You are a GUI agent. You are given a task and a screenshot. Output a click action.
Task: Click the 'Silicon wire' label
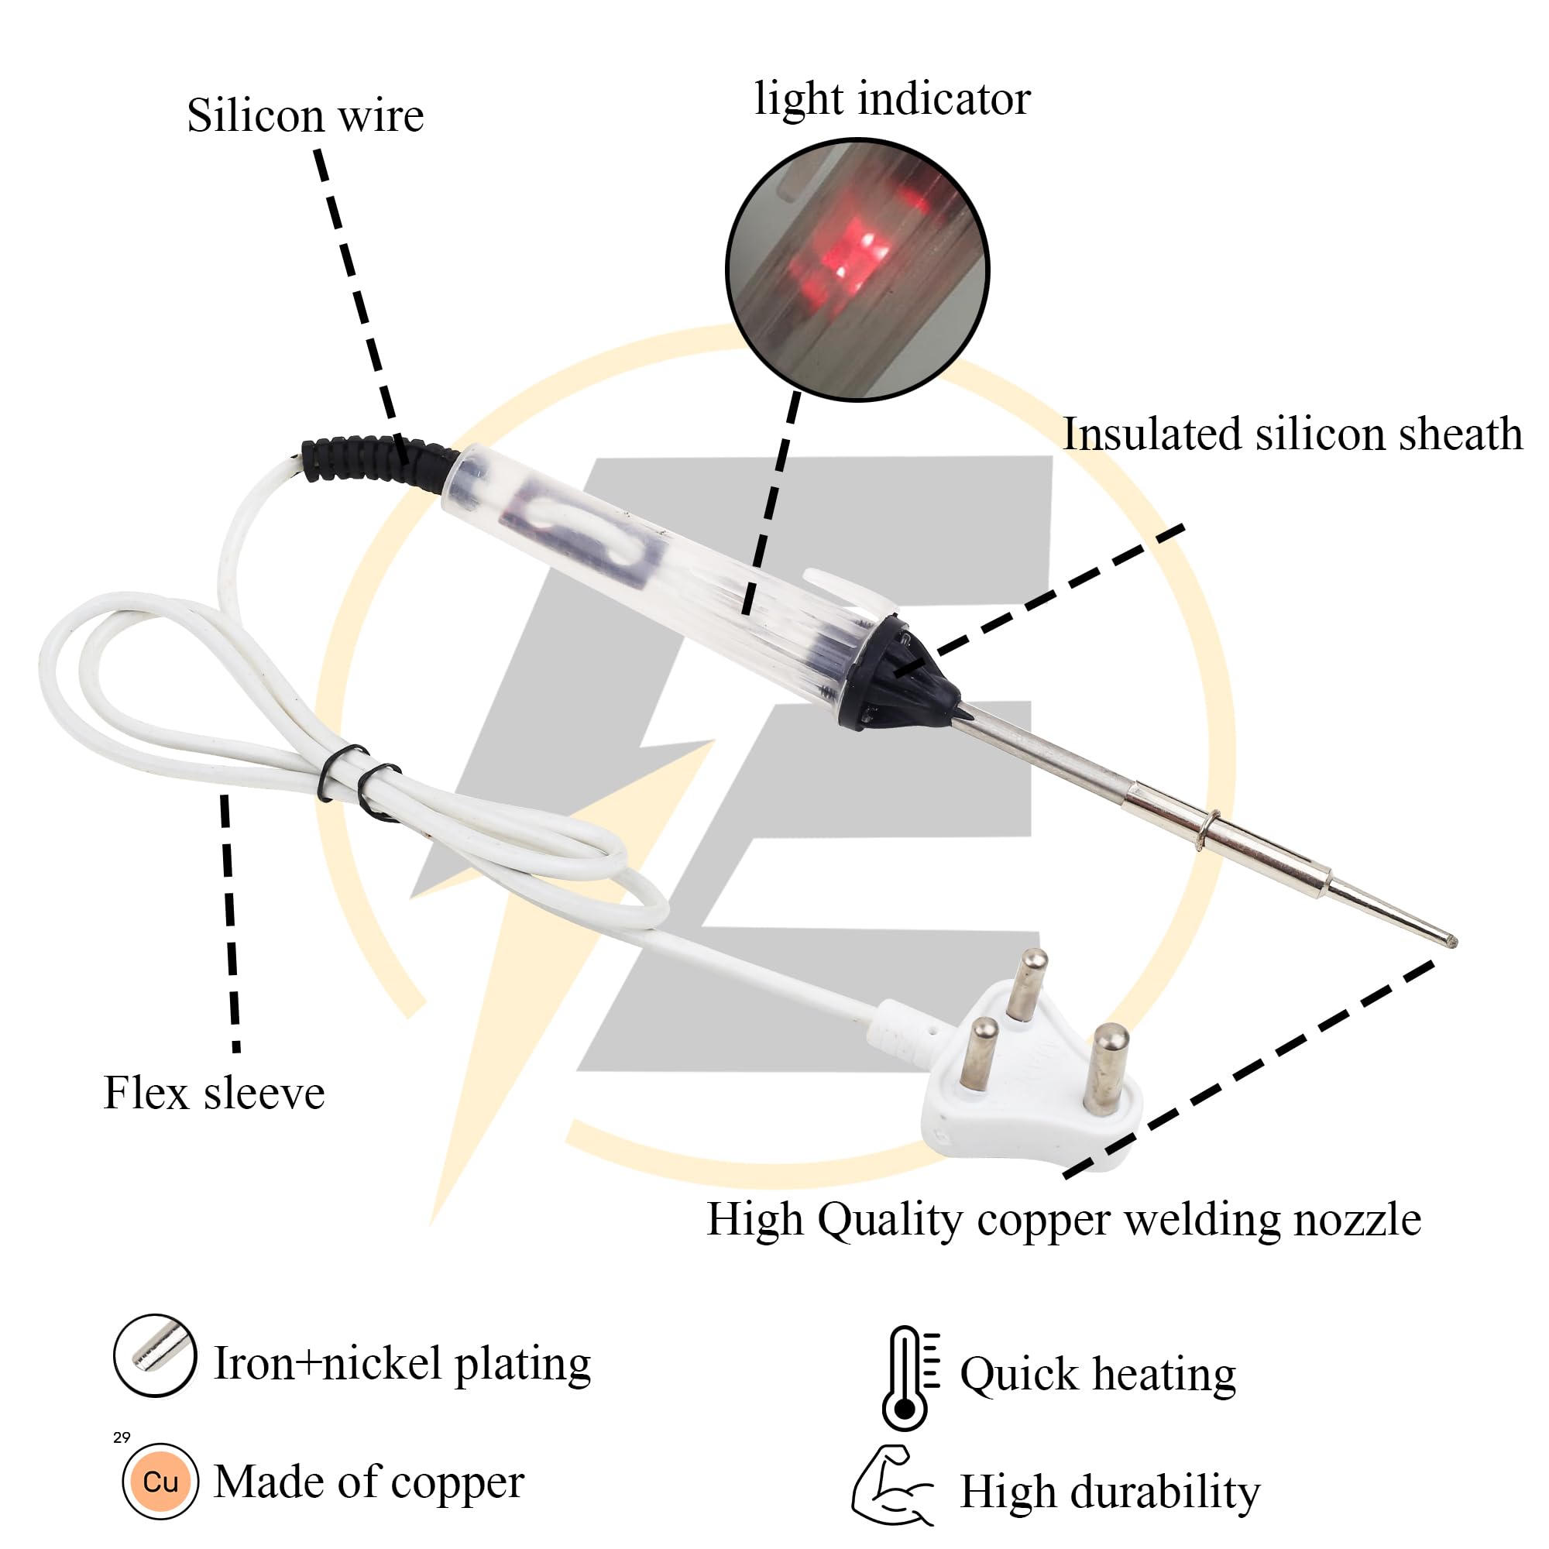(x=304, y=116)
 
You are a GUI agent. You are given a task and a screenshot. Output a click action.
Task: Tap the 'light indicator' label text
(x=891, y=99)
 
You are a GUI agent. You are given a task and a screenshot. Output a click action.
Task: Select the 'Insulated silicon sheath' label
(x=1292, y=434)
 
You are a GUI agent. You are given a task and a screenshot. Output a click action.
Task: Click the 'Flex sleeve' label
(x=214, y=1093)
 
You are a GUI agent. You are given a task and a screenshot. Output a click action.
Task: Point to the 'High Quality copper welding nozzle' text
(x=1063, y=1220)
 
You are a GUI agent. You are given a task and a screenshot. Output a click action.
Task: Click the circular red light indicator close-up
(x=857, y=270)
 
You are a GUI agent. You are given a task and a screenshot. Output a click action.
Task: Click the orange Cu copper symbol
(x=160, y=1482)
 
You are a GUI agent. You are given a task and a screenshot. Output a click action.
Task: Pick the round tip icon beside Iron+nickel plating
(x=155, y=1356)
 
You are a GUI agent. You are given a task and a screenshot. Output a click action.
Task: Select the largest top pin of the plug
(x=1027, y=983)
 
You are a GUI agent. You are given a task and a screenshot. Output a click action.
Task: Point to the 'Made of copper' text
(x=369, y=1482)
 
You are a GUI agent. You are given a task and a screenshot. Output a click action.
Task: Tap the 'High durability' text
(x=1110, y=1493)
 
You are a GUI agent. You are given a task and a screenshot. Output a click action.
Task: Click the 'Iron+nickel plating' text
(x=403, y=1364)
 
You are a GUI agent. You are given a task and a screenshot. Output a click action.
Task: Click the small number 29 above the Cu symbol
(x=122, y=1437)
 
